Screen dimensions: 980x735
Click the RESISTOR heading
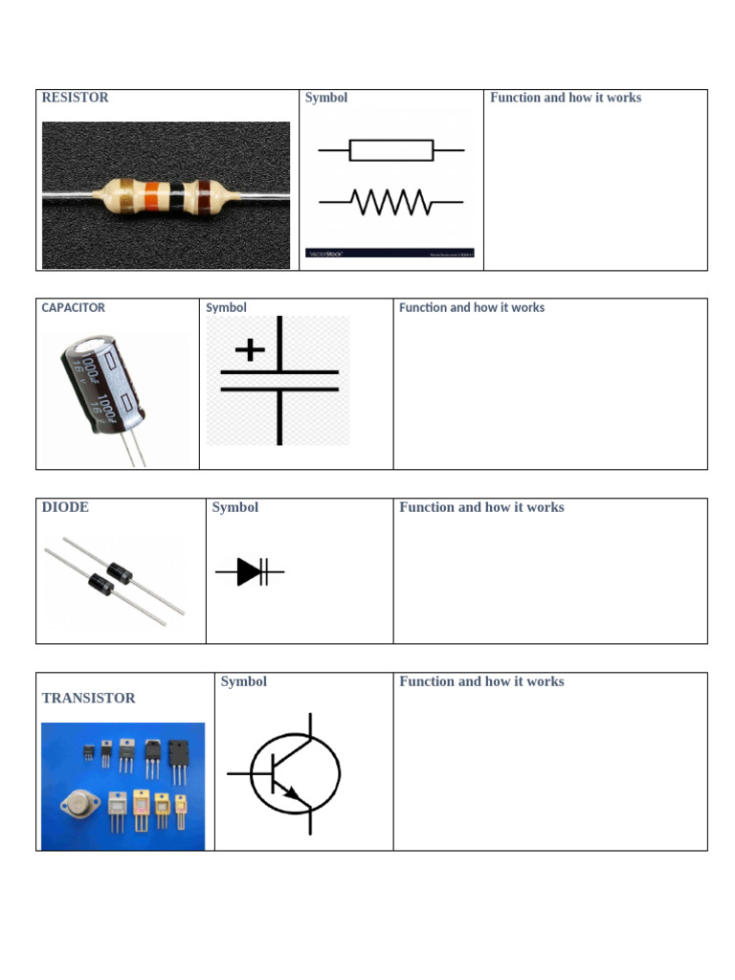(75, 98)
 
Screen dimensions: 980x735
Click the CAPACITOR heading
(73, 308)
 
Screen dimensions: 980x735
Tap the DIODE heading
(65, 507)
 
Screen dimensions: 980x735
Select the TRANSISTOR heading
(88, 699)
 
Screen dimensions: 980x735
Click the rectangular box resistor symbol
(391, 150)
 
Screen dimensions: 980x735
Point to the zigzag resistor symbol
(391, 202)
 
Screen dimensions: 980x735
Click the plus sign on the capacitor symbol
(250, 349)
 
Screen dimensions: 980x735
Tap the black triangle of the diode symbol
(249, 572)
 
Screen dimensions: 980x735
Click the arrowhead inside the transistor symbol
(291, 794)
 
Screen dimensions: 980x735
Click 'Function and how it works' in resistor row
(566, 98)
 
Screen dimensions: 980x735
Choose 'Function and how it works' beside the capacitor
(472, 308)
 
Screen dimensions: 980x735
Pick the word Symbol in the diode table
(235, 507)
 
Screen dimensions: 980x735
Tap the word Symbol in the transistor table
(243, 681)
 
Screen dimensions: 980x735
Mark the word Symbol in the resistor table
(326, 98)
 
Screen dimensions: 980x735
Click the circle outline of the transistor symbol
(339, 773)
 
